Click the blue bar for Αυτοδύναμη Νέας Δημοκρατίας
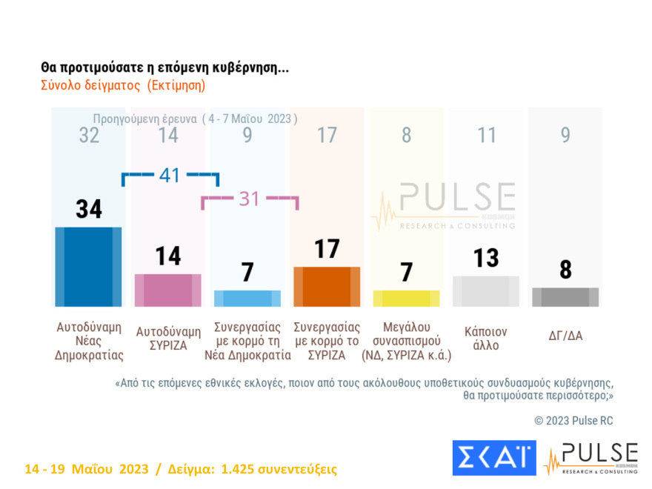click(88, 267)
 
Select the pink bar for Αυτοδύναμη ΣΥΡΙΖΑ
click(167, 290)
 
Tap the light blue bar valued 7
click(247, 298)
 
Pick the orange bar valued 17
click(327, 286)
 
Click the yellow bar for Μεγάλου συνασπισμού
click(406, 298)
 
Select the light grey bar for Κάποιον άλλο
click(485, 290)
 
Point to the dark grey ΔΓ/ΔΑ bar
click(565, 296)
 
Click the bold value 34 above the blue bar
click(89, 210)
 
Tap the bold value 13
click(485, 258)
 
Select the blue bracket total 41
click(170, 176)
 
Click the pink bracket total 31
click(249, 198)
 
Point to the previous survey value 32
click(89, 135)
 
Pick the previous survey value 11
click(485, 135)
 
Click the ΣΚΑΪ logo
click(493, 458)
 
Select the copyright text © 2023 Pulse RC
click(573, 420)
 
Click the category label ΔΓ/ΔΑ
click(565, 335)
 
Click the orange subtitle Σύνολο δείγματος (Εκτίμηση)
click(122, 85)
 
